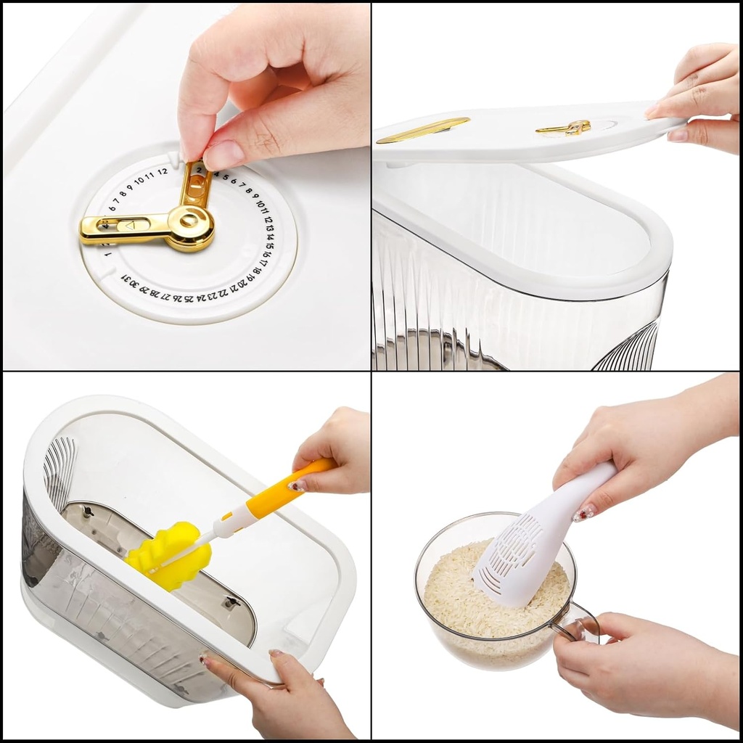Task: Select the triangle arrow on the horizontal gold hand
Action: [131, 226]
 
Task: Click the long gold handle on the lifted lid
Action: [422, 129]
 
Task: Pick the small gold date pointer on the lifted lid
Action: [563, 128]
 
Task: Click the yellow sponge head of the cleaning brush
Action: [168, 555]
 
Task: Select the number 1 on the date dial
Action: [108, 254]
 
